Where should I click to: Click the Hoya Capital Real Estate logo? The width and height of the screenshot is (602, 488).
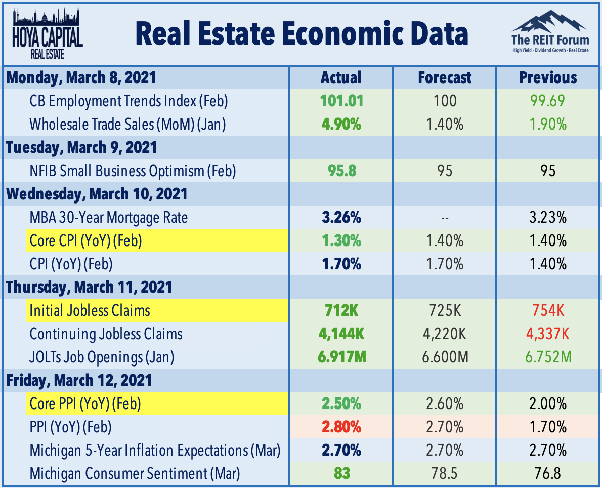48,32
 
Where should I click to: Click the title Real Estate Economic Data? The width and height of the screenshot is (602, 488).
302,33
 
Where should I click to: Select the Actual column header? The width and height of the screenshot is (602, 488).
341,77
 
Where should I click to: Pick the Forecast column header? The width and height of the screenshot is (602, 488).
444,77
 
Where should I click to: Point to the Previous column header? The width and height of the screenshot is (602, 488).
548,77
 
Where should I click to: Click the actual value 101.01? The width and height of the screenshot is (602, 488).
341,101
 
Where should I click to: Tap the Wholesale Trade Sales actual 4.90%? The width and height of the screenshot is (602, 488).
341,124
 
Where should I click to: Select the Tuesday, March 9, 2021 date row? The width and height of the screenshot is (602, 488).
81,147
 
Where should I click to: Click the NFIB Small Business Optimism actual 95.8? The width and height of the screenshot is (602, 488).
341,171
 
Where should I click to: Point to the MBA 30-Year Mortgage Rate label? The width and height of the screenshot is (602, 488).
108,218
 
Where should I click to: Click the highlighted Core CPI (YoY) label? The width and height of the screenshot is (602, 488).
85,240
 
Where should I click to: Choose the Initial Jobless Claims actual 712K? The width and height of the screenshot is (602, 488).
341,310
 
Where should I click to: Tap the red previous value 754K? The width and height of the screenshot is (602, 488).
548,310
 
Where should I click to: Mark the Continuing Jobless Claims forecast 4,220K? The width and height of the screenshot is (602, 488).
444,334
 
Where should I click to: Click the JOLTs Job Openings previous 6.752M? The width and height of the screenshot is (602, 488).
548,357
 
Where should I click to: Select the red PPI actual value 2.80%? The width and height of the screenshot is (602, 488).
341,427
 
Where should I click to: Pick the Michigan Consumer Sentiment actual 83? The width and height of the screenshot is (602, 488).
341,474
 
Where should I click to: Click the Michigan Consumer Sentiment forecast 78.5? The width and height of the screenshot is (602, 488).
444,474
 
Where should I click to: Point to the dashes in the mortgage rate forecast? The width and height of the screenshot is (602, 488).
444,218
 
